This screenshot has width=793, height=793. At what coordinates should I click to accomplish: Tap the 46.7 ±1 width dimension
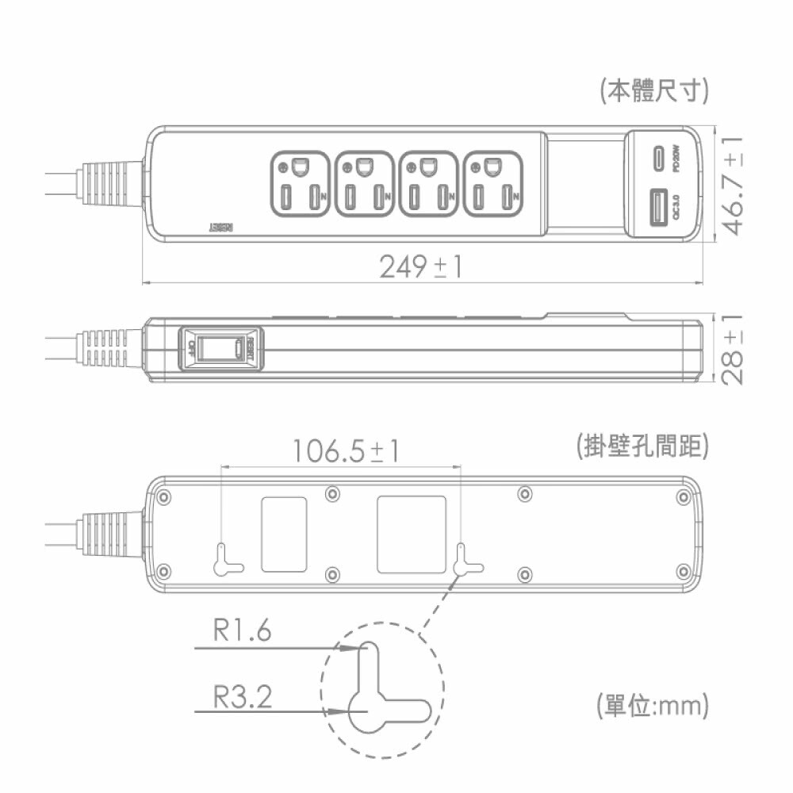[x=734, y=185]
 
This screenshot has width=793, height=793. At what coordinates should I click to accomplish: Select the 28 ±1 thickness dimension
[x=734, y=349]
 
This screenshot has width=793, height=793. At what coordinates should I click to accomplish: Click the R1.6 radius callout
[x=242, y=631]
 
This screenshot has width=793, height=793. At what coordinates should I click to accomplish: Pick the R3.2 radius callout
[x=242, y=697]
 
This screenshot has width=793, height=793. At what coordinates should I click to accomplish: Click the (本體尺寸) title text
[x=653, y=90]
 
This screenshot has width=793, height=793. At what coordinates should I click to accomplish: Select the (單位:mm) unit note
[x=651, y=704]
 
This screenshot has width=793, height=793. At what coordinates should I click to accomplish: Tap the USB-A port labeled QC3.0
[x=658, y=209]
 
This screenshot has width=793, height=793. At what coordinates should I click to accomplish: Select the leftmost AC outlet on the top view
[x=300, y=183]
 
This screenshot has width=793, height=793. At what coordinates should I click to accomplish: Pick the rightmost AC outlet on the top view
[x=492, y=183]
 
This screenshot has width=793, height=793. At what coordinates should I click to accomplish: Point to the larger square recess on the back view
[x=411, y=534]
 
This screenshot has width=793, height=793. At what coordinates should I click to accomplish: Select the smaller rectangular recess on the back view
[x=283, y=534]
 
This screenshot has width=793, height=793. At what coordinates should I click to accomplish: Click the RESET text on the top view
[x=222, y=227]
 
